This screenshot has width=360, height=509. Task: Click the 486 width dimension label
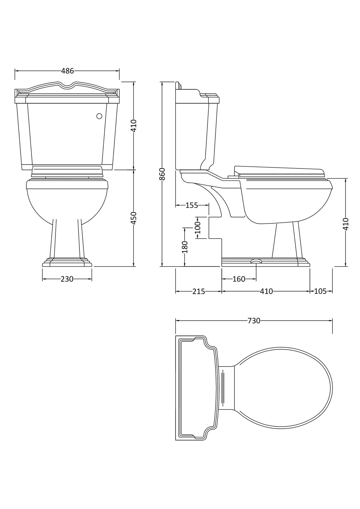pos(67,71)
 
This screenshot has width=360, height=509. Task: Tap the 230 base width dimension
pos(67,279)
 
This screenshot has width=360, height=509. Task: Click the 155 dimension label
pos(192,205)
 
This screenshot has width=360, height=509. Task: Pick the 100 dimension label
pos(198,228)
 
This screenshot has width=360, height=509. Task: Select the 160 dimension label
pos(239,279)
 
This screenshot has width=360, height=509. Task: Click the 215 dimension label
pos(199,291)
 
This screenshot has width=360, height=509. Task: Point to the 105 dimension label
pos(320,291)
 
